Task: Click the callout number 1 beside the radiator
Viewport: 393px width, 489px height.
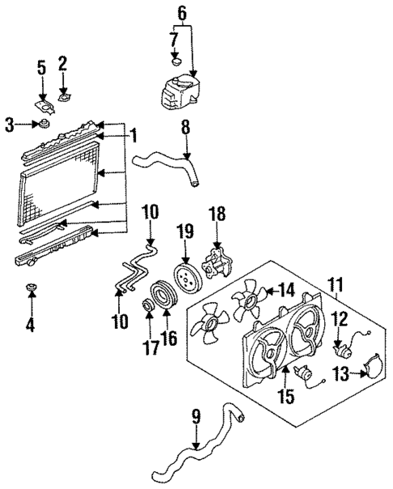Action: [135, 134]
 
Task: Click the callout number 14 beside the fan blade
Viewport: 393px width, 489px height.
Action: [287, 289]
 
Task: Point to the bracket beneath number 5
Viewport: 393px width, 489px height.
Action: [42, 104]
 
